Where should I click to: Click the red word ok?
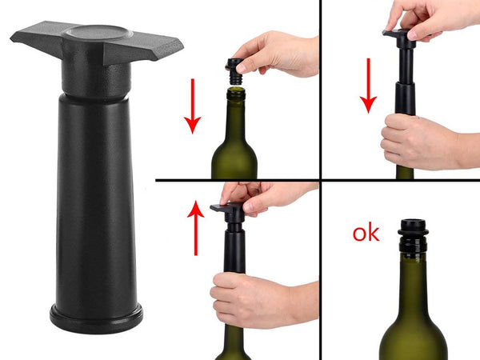click(x=366, y=234)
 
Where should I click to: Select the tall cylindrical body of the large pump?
click(x=96, y=200)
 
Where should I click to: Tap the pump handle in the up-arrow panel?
click(x=227, y=210)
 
